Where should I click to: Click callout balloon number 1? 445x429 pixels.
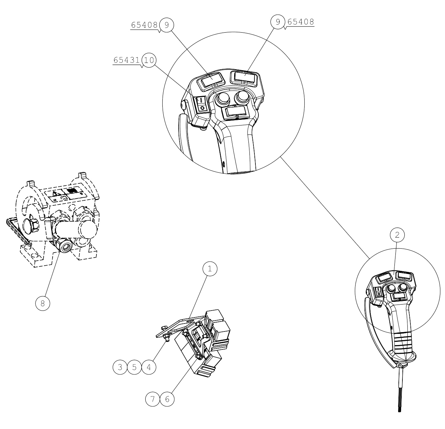[x=210, y=269]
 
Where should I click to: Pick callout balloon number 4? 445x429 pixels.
[x=149, y=367]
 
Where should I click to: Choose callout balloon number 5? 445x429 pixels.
[x=134, y=367]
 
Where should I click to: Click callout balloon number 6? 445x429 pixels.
[x=167, y=399]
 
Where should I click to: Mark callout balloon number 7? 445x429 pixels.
[x=153, y=399]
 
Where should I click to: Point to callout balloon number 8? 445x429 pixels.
[x=43, y=303]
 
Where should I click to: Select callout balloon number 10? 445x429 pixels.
[x=149, y=60]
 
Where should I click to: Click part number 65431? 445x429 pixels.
[x=127, y=60]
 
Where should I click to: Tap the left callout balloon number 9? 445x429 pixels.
[x=167, y=25]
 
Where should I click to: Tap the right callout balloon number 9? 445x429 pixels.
[x=278, y=22]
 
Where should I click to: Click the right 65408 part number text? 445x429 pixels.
[x=300, y=22]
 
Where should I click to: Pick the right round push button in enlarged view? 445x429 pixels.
[x=241, y=97]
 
